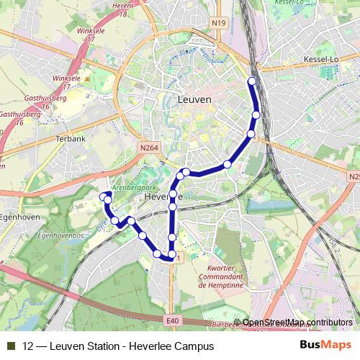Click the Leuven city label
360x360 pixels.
tap(194, 99)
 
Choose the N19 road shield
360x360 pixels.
tap(220, 24)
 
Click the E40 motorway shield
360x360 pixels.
tap(171, 320)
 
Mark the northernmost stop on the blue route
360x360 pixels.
tap(251, 81)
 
